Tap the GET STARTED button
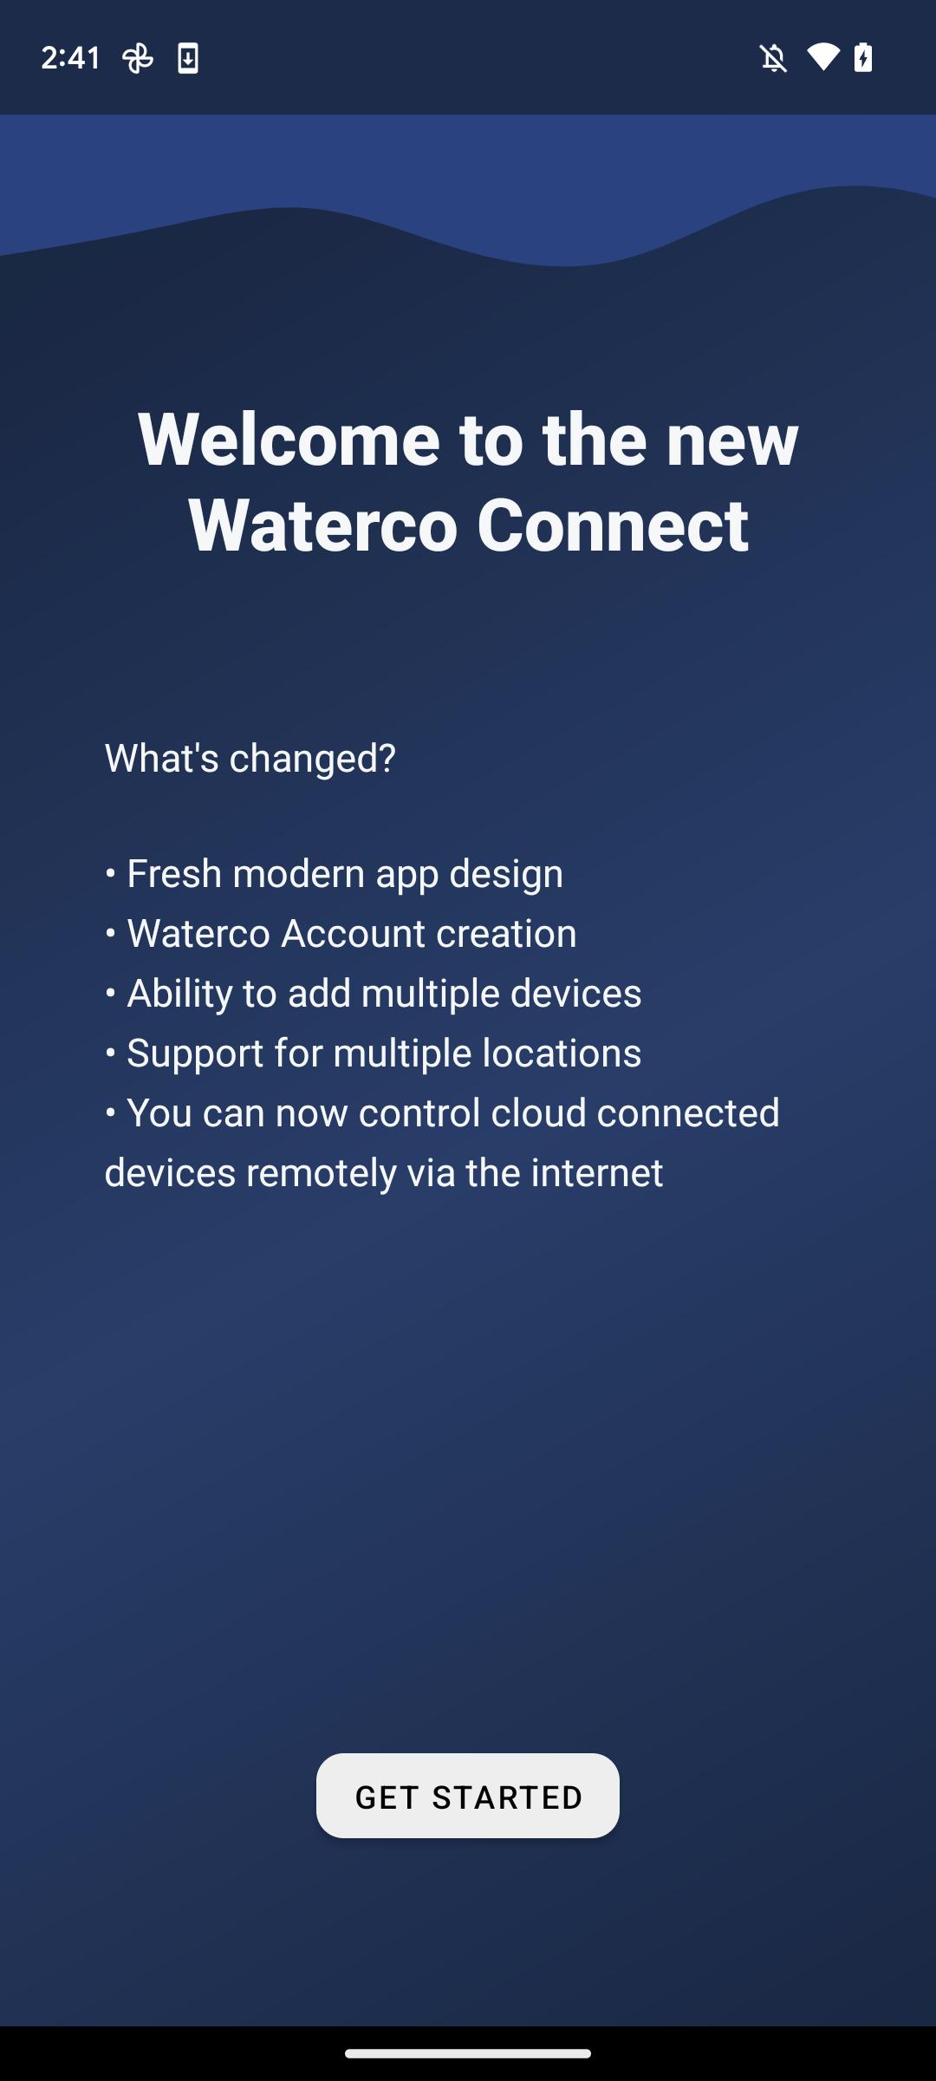click(x=468, y=1796)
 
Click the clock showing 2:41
click(x=71, y=58)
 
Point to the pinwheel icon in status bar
click(x=138, y=58)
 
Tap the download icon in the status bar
click(x=188, y=58)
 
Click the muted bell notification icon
click(x=774, y=58)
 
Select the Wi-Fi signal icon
click(x=823, y=57)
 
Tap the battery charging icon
click(x=863, y=57)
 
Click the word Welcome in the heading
click(x=289, y=439)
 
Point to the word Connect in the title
click(x=613, y=525)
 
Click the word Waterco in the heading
click(x=323, y=525)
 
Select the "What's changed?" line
click(x=250, y=758)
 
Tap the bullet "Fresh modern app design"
click(x=334, y=873)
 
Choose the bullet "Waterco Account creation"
click(x=341, y=933)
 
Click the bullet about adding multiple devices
click(x=374, y=993)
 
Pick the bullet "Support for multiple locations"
click(x=374, y=1053)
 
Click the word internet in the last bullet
click(x=597, y=1172)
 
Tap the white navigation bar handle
click(x=468, y=2053)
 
